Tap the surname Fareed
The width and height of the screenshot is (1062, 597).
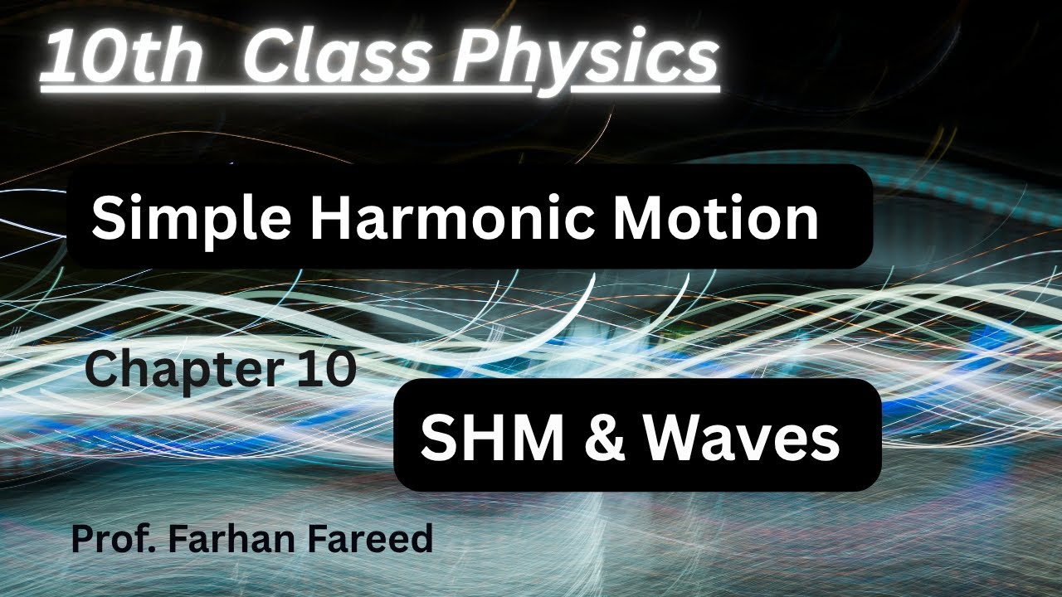pos(364,539)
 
